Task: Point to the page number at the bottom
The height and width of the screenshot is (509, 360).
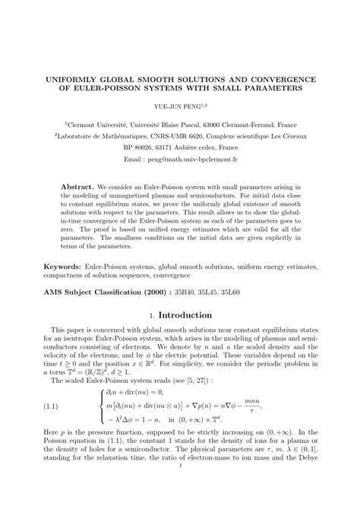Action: (180, 499)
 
